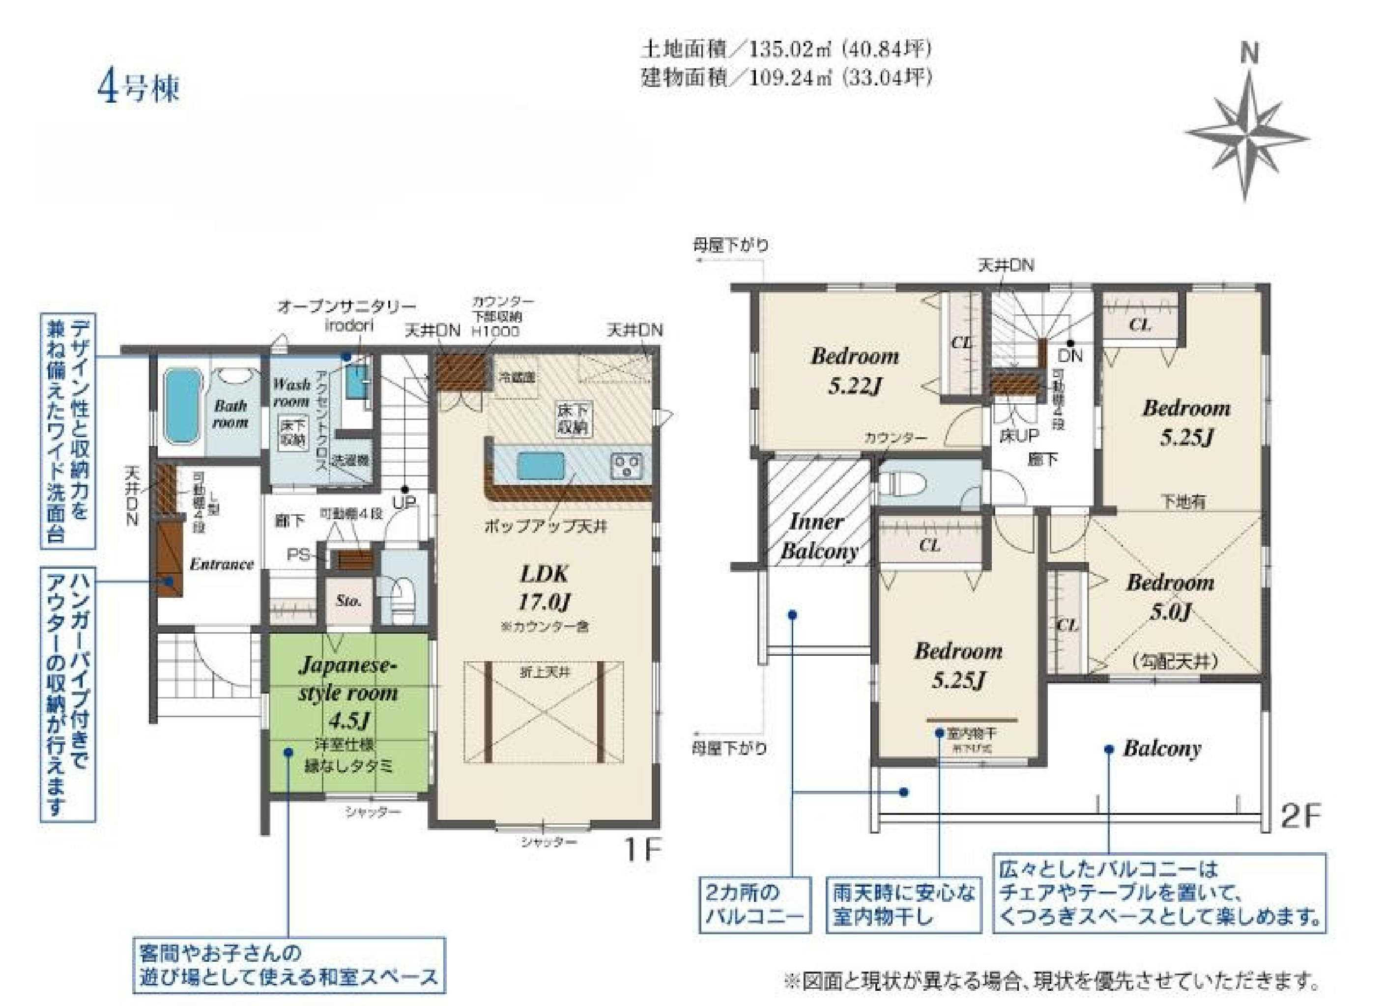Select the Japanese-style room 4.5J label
point(348,693)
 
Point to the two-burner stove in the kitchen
point(626,467)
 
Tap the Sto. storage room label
point(349,600)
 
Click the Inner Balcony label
point(818,537)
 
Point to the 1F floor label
point(642,849)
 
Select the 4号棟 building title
point(139,89)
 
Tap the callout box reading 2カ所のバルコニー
point(754,905)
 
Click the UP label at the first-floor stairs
point(404,503)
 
